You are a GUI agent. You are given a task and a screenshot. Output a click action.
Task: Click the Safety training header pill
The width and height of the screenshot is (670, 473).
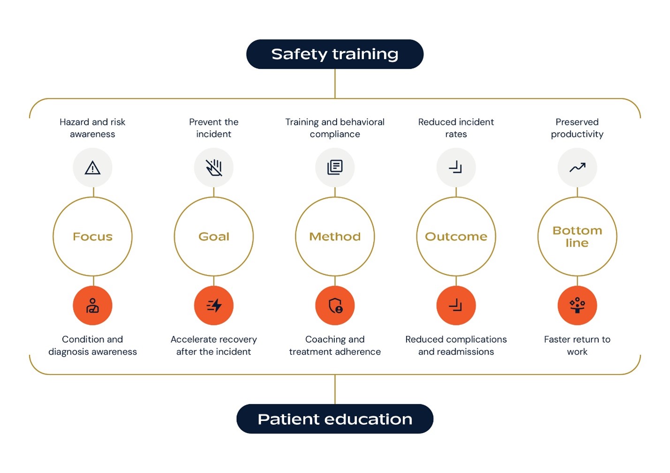[x=335, y=54]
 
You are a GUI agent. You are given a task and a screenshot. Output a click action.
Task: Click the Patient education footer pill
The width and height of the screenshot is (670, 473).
[x=335, y=419]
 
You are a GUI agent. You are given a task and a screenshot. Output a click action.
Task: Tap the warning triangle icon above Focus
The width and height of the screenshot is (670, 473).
[x=92, y=167]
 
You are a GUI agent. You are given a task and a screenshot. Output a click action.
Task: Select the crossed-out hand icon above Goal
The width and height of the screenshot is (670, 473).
[x=213, y=167]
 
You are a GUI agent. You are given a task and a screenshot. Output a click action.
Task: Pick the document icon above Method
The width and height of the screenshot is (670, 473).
[x=335, y=167]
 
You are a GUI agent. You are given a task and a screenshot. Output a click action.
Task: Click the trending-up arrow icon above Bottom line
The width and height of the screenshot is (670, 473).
[x=577, y=167]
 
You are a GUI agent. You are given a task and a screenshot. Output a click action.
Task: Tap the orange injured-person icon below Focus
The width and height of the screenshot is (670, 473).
[x=92, y=305]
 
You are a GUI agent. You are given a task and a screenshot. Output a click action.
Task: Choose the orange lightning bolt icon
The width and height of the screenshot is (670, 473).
[x=213, y=305]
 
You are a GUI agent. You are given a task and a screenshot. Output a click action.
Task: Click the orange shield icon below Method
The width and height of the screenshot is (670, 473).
[x=335, y=305]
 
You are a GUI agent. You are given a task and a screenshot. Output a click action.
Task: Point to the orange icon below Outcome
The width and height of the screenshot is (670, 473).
[x=456, y=305]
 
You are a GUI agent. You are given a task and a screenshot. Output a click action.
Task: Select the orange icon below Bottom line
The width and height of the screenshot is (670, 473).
[x=577, y=305]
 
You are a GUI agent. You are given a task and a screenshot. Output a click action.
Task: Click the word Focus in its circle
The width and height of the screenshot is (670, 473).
[x=93, y=236]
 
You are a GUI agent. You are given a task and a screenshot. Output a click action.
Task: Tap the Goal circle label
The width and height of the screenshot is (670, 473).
[x=214, y=236]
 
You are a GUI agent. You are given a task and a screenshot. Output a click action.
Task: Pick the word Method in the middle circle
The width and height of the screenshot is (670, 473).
[x=335, y=236]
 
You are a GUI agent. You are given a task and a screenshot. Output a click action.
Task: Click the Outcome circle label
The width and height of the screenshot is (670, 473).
[x=456, y=236]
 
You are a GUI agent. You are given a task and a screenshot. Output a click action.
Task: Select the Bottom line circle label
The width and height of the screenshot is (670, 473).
[x=577, y=236]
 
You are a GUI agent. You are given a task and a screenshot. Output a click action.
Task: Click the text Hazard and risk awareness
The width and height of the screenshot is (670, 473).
[x=92, y=128]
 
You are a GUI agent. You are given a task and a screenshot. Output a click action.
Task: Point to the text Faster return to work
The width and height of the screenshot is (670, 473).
[x=577, y=345]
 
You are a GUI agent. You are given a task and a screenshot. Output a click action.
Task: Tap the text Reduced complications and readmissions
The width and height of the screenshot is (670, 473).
[x=456, y=345]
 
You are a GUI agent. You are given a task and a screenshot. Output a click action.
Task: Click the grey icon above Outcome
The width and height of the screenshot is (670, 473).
[x=456, y=167]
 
